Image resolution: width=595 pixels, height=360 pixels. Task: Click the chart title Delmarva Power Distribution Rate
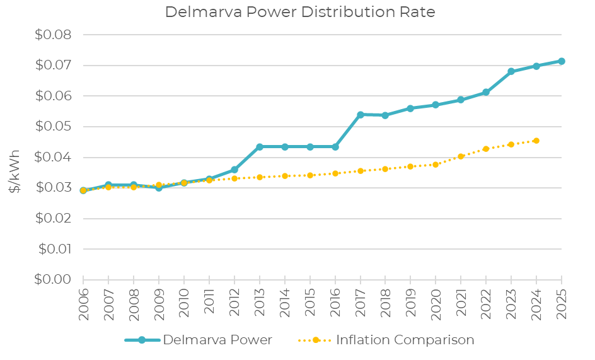coord(300,13)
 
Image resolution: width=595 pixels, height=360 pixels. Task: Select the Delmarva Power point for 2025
coord(562,61)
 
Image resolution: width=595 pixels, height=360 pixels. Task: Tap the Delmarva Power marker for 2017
coord(361,115)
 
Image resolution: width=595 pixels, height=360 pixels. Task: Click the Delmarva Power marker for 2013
coord(260,147)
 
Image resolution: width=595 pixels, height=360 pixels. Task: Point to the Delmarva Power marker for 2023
coord(511,71)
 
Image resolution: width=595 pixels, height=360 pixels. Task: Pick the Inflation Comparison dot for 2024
coord(536,141)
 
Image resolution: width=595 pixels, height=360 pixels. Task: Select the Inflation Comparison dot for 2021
coord(461,156)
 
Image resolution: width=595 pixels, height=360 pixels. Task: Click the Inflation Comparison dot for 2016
coord(335,173)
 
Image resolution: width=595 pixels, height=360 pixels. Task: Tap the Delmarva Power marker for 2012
coord(234,170)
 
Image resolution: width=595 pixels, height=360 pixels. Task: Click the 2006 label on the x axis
coord(83,303)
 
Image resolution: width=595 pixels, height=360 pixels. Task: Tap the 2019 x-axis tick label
coord(410,303)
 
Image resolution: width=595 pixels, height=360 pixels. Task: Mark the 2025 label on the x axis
coord(562,303)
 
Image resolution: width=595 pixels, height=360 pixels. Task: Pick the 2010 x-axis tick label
coord(184,303)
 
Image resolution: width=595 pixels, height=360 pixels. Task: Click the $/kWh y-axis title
coord(15,171)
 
